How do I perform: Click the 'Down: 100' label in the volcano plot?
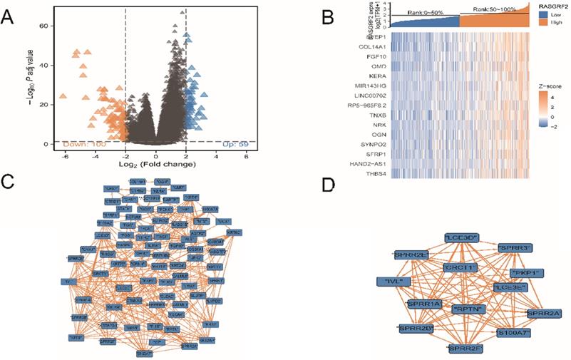coord(84,145)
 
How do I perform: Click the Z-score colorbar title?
coord(545,83)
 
